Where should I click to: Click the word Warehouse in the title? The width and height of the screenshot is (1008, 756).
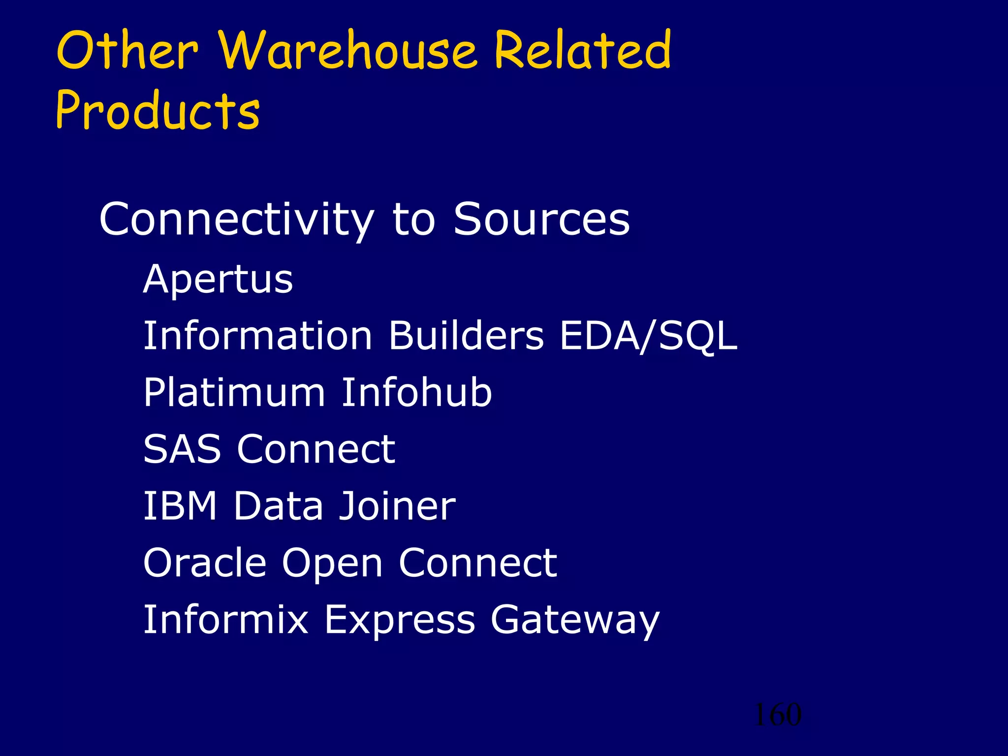coord(347,50)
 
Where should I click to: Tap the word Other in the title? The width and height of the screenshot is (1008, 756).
coord(127,50)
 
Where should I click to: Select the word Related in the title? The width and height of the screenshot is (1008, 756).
coord(583,50)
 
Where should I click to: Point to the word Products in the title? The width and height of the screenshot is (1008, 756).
coord(157,110)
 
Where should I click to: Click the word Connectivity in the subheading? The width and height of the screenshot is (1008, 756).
coord(236,220)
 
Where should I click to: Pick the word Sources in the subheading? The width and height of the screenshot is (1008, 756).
coord(541,220)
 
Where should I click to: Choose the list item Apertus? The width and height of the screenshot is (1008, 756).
coord(218,280)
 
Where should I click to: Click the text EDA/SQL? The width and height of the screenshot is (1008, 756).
coord(648,336)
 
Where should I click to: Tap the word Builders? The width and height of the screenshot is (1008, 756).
coord(467,336)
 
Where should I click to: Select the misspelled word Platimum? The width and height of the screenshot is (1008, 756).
coord(234,393)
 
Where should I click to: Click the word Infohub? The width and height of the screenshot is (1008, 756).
coord(416,393)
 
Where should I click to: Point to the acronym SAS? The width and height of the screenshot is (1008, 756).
coord(182,449)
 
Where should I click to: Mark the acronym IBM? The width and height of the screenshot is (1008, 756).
coord(180,506)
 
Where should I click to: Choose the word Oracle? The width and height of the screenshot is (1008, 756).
coord(205,563)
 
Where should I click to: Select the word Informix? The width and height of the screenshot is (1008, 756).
coord(225,619)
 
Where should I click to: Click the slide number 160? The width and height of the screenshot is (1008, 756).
coord(778,715)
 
